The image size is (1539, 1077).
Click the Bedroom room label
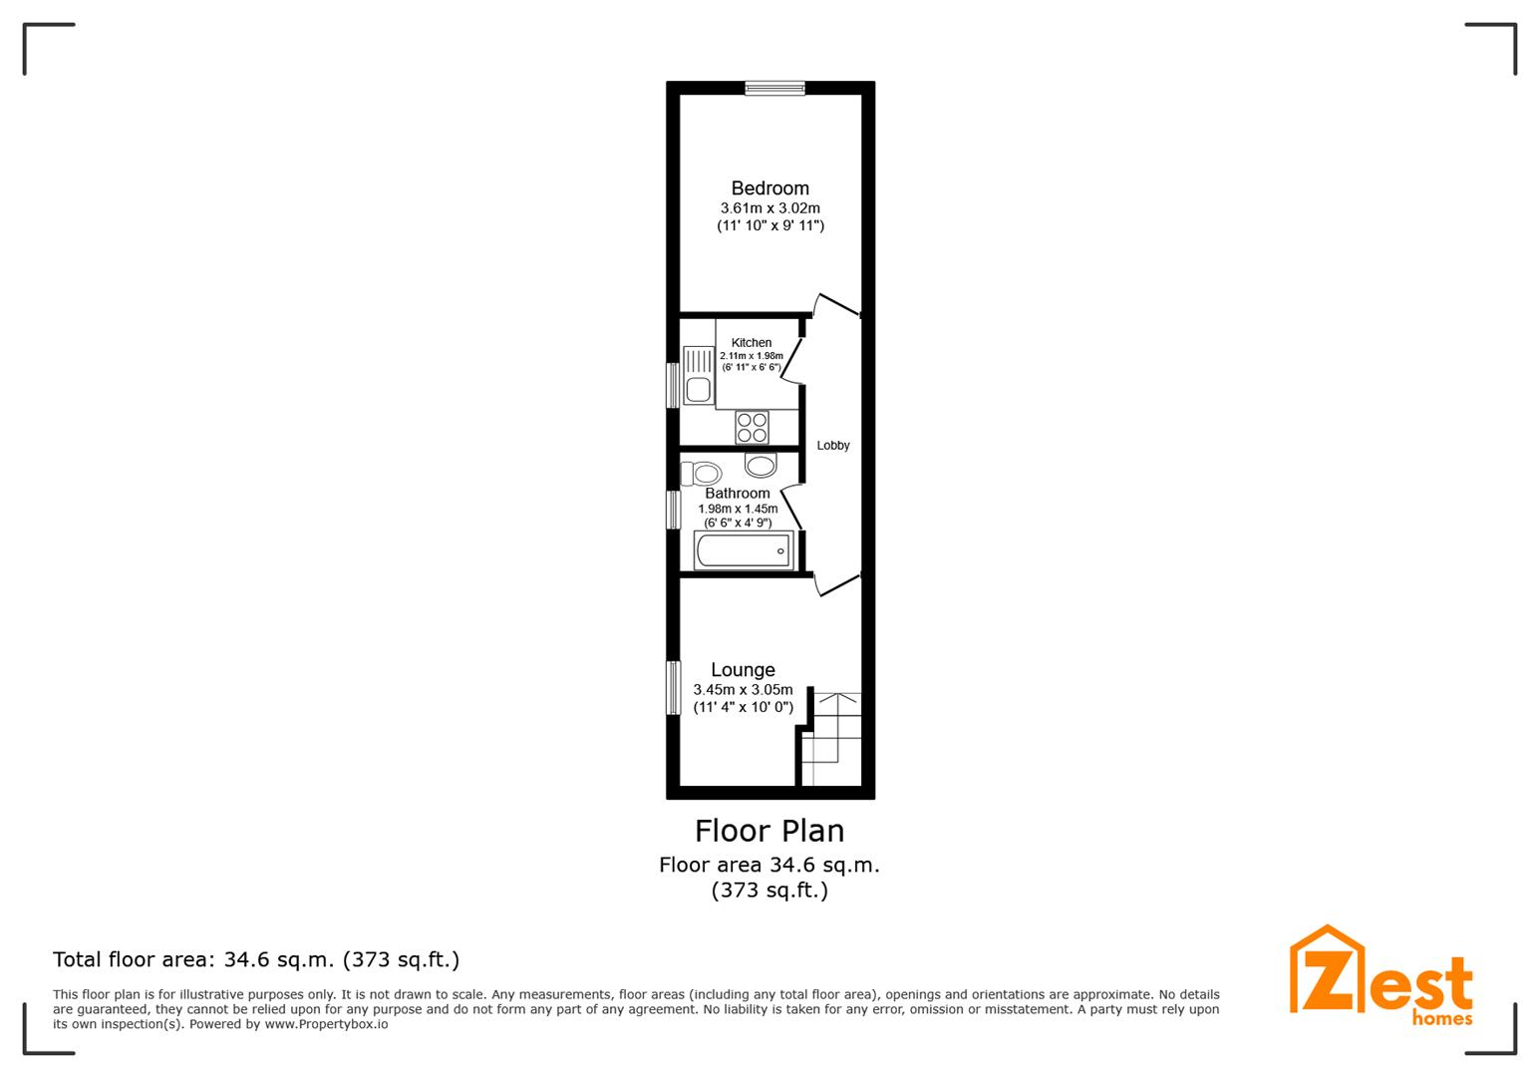[x=769, y=188]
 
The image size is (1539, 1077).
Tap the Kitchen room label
[x=751, y=342]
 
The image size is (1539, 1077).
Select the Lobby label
[x=832, y=446]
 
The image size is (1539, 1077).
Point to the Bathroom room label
[x=738, y=493]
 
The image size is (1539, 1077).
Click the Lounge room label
[x=743, y=669]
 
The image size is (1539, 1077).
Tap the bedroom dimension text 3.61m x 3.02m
[x=769, y=207]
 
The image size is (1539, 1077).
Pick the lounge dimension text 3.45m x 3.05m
[x=743, y=689]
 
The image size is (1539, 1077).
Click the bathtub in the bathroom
[x=744, y=550]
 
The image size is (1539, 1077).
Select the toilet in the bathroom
[x=700, y=474]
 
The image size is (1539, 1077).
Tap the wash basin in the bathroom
[x=761, y=465]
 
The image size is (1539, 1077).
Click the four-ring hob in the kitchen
[x=752, y=428]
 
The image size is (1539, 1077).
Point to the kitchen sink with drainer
[x=698, y=375]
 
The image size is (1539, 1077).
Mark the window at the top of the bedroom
[x=775, y=88]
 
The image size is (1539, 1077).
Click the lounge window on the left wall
[x=674, y=687]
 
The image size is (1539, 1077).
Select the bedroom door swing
[x=836, y=305]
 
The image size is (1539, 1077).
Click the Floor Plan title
[x=769, y=831]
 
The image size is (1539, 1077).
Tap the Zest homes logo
[x=1381, y=976]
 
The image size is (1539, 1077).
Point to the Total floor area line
[x=255, y=959]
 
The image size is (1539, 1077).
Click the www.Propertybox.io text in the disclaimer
[x=326, y=1024]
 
